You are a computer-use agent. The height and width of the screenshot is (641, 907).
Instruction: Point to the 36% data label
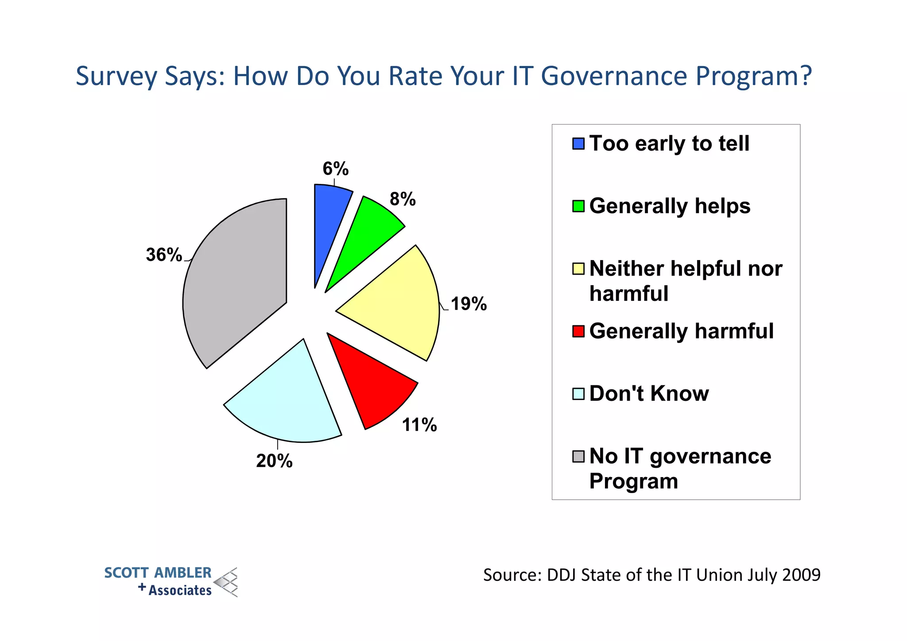[x=164, y=255]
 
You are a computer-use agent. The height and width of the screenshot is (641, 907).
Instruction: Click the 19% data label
[x=469, y=304]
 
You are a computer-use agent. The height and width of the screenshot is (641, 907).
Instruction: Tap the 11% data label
[x=419, y=425]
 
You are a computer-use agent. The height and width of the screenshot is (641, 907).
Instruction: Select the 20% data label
[x=274, y=461]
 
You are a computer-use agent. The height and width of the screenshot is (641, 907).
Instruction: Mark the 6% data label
[x=335, y=169]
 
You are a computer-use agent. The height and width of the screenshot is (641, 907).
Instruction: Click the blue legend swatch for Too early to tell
[x=578, y=144]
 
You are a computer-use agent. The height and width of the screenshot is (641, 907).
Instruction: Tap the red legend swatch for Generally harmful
[x=578, y=331]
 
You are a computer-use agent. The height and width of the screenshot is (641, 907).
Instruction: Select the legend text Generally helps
[x=670, y=206]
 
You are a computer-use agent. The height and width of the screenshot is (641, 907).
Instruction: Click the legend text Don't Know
[x=649, y=394]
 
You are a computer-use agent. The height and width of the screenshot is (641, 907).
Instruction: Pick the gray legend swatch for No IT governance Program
[x=578, y=456]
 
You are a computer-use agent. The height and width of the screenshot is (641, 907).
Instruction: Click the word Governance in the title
[x=614, y=76]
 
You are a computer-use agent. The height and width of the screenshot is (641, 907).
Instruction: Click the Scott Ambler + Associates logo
[x=171, y=582]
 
